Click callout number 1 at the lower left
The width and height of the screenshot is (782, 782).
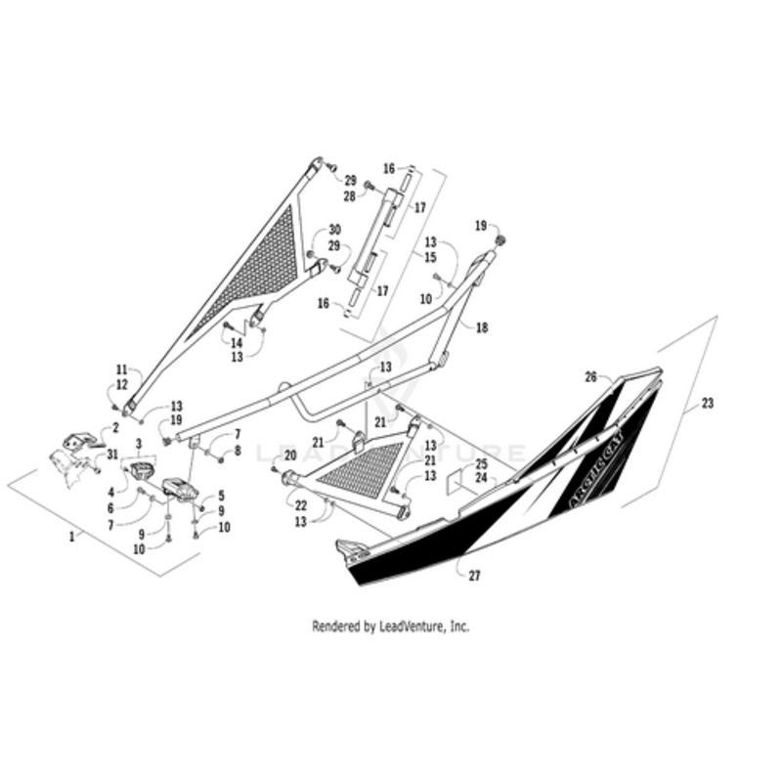(70, 537)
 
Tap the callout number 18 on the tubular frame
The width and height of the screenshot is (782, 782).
(481, 330)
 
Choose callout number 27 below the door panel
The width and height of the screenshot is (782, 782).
(474, 576)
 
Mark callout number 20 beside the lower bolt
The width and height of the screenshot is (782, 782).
(289, 455)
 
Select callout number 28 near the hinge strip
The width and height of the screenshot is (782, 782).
(349, 196)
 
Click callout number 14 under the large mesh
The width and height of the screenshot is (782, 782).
(237, 343)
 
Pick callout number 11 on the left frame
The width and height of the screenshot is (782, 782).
(121, 370)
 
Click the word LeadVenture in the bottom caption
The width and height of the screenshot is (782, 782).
(412, 627)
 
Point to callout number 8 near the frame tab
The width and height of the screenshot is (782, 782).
(237, 452)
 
